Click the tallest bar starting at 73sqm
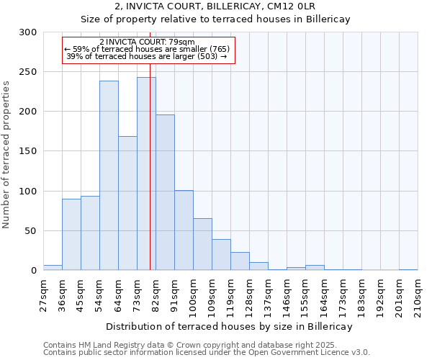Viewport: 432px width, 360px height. (146, 174)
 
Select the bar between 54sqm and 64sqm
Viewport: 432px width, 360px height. (109, 176)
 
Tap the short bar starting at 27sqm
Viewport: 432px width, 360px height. (53, 268)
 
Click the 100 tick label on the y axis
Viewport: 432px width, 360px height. (28, 192)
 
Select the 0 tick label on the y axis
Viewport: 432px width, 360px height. (33, 271)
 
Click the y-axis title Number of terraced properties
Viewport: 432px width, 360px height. (6, 155)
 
